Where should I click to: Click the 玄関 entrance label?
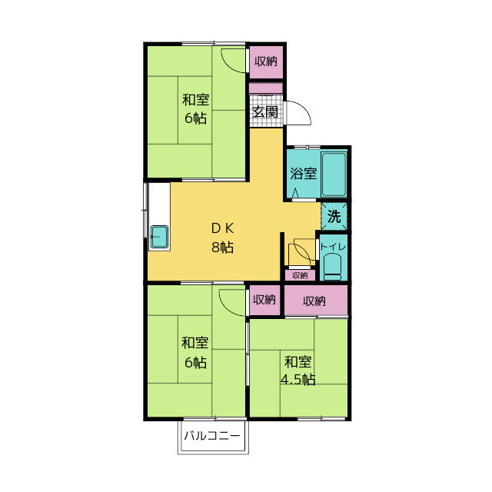coord(265,111)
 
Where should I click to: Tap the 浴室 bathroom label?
coord(303,174)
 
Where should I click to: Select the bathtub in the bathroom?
coord(334,175)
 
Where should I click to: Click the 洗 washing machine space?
coord(334,217)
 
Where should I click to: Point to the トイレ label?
coord(333,247)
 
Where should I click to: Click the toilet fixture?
coord(332,267)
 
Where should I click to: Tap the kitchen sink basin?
coord(159,237)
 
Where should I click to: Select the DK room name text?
coord(222,228)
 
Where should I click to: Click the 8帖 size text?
coord(222,248)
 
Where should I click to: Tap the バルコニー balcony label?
coord(212,436)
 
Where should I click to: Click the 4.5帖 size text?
coord(298,380)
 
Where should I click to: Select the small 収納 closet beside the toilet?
coord(300,275)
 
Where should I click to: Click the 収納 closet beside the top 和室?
coord(266,61)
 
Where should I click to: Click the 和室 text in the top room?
coord(195,100)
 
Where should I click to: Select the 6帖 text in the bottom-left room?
coord(195,362)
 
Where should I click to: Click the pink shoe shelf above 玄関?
coord(266,88)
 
